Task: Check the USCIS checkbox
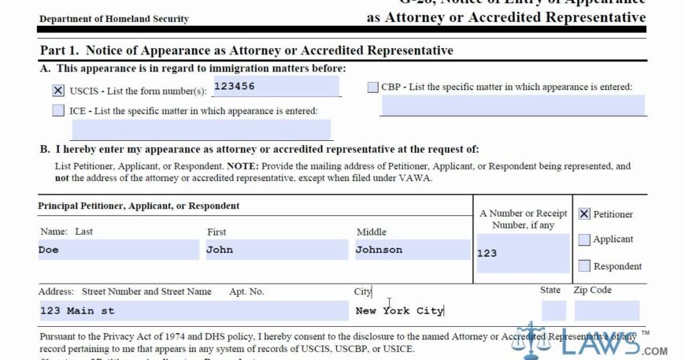[x=58, y=91]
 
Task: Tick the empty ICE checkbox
[x=58, y=111]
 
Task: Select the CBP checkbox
[x=372, y=87]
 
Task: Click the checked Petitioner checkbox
[x=584, y=213]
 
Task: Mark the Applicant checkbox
[x=584, y=239]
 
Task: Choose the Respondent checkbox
[x=584, y=265]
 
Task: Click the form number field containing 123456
[x=276, y=86]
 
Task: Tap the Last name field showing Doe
[x=118, y=250]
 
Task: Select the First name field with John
[x=276, y=250]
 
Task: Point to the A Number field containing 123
[x=522, y=253]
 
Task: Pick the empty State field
[x=554, y=310]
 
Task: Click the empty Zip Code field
[x=606, y=310]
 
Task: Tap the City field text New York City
[x=400, y=310]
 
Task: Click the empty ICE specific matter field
[x=201, y=130]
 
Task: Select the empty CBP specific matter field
[x=512, y=106]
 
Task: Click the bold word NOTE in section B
[x=242, y=167]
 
